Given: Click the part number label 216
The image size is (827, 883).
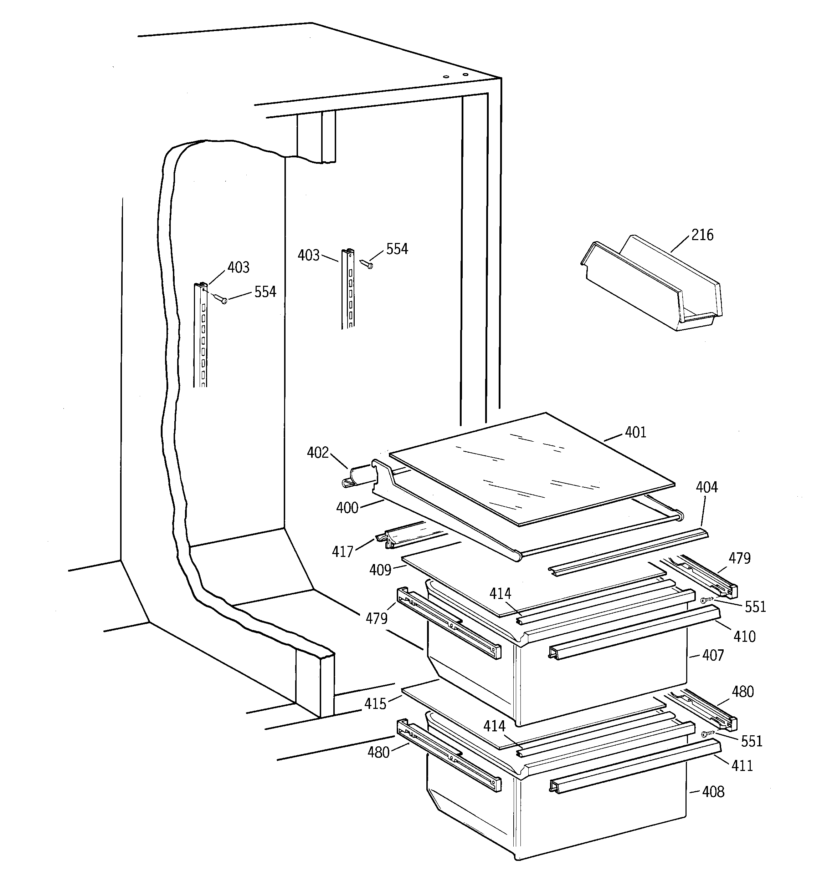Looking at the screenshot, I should point(702,235).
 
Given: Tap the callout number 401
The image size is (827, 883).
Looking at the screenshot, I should point(635,432).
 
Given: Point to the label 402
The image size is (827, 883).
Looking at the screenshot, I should point(318,453).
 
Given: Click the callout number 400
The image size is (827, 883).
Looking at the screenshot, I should point(347,508).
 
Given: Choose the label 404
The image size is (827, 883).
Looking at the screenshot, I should point(706,487).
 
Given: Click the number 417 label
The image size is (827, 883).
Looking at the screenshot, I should point(342,552).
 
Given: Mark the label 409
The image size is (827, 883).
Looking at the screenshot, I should point(380,570).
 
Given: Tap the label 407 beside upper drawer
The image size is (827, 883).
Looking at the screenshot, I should point(713,655).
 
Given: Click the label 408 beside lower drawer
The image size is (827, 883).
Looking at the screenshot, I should point(713,792).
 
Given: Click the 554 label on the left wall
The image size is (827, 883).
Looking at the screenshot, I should point(265,292).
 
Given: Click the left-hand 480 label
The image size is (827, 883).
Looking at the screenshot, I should point(378,752).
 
